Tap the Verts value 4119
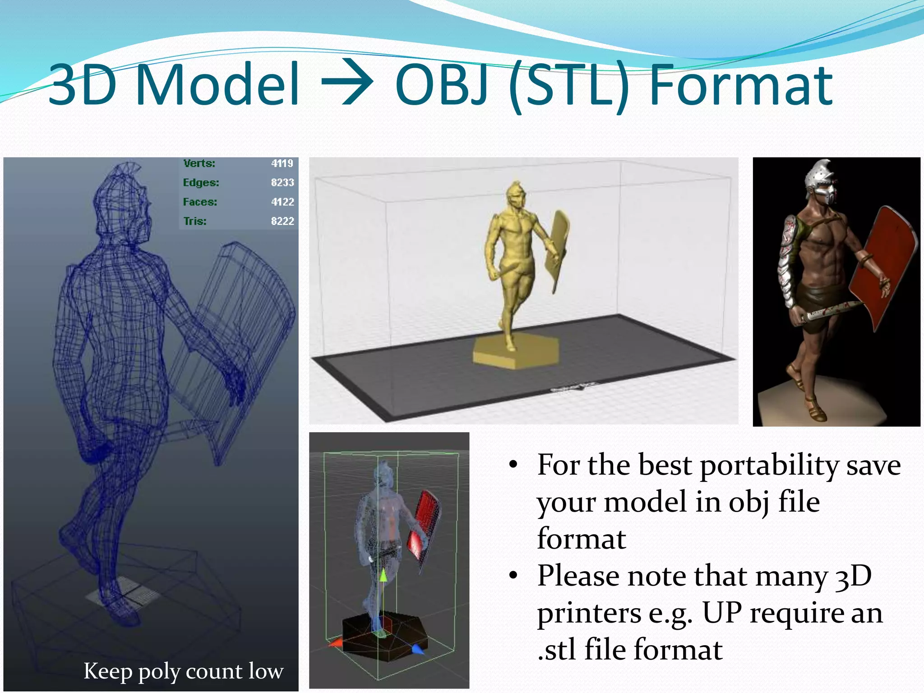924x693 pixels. (282, 163)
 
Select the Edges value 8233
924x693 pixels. (282, 183)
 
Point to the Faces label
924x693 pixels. (200, 202)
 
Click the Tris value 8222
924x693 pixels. (282, 221)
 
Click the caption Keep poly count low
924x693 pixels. (183, 671)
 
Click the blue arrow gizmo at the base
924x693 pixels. (418, 650)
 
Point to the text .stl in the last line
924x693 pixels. (556, 650)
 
